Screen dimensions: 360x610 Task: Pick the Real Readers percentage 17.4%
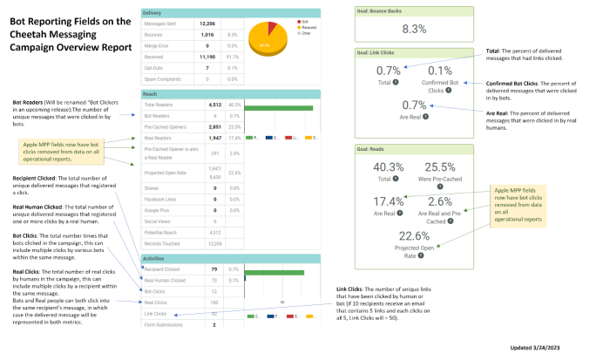point(234,138)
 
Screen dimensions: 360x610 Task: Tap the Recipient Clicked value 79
point(210,268)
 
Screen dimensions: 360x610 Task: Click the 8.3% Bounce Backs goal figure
point(414,29)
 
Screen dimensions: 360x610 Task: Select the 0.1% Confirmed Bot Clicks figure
point(440,71)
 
